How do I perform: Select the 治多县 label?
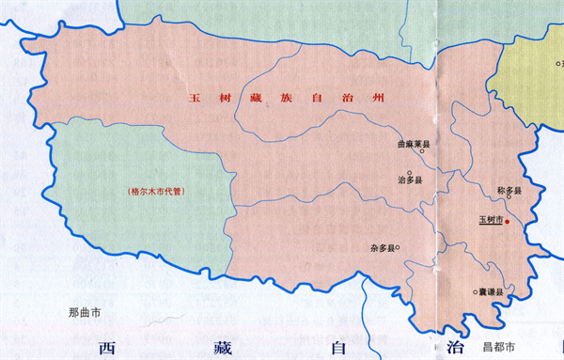point(413,179)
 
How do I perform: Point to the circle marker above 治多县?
point(410,172)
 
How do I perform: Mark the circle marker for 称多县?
point(532,196)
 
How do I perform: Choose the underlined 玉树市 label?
point(491,221)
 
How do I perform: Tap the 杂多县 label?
point(381,248)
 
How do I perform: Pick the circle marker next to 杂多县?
point(399,247)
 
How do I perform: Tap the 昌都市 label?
point(497,347)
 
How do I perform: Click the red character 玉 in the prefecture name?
point(196,98)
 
